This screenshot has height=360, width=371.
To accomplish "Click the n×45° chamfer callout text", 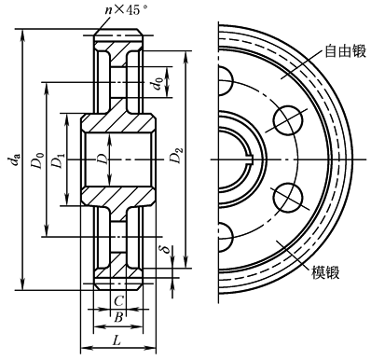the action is [126, 10].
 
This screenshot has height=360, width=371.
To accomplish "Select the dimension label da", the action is [14, 159].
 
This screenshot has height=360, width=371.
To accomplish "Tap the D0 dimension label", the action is [37, 159].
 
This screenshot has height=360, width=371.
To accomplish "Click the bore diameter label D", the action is [103, 159].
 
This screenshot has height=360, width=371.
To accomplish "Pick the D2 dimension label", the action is [176, 156].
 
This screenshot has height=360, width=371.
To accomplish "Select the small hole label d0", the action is [158, 83].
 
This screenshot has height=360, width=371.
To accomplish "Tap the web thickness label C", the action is [118, 300].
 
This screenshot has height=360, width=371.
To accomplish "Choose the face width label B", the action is [118, 318].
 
